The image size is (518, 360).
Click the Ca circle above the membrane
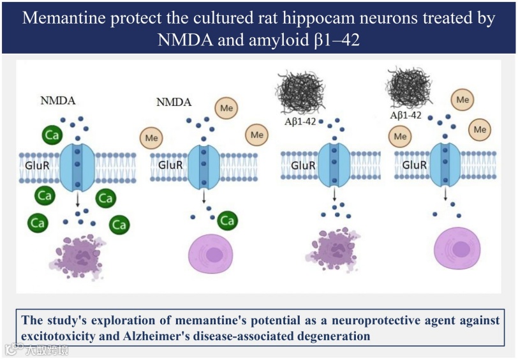52,135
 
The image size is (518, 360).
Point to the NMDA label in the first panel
57,101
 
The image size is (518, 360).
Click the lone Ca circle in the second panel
228,221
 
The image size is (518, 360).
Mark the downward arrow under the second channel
204,198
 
